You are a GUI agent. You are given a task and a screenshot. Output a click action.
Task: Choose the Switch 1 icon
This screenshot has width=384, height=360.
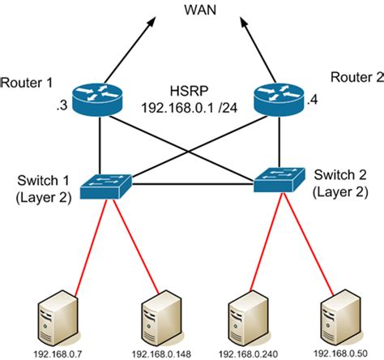(x=98, y=185)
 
